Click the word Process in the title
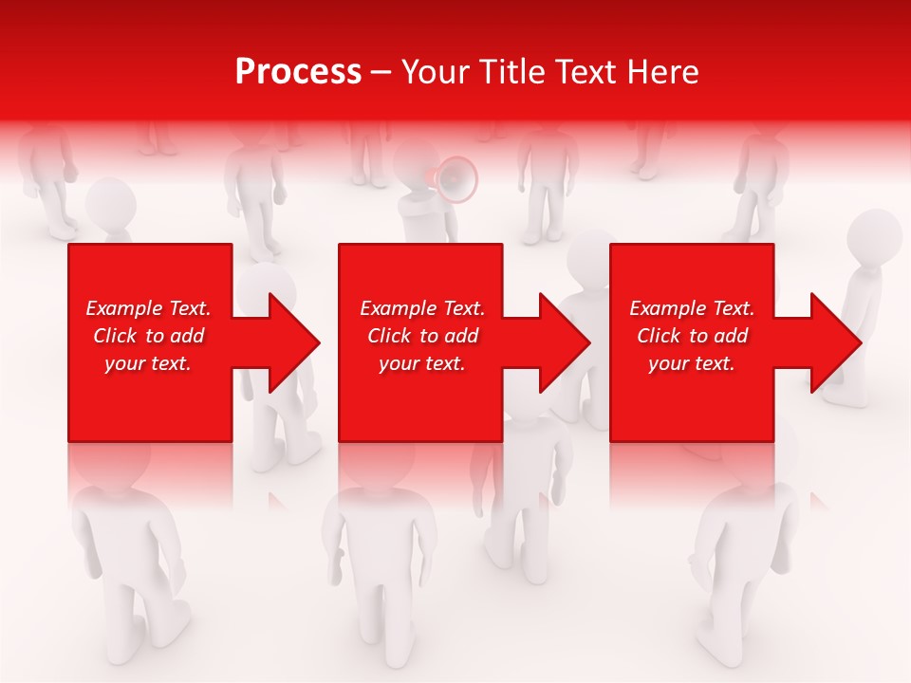click(298, 72)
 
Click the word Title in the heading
click(509, 72)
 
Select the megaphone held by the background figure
click(456, 178)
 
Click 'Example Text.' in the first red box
click(148, 308)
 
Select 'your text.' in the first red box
click(148, 363)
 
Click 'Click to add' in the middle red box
click(422, 336)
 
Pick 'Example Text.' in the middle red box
click(422, 308)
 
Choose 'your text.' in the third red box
click(692, 363)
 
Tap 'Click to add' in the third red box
click(692, 336)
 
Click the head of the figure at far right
click(873, 237)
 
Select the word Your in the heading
click(434, 72)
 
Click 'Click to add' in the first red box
click(148, 336)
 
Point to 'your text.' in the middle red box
click(422, 363)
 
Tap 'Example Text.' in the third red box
click(692, 308)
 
